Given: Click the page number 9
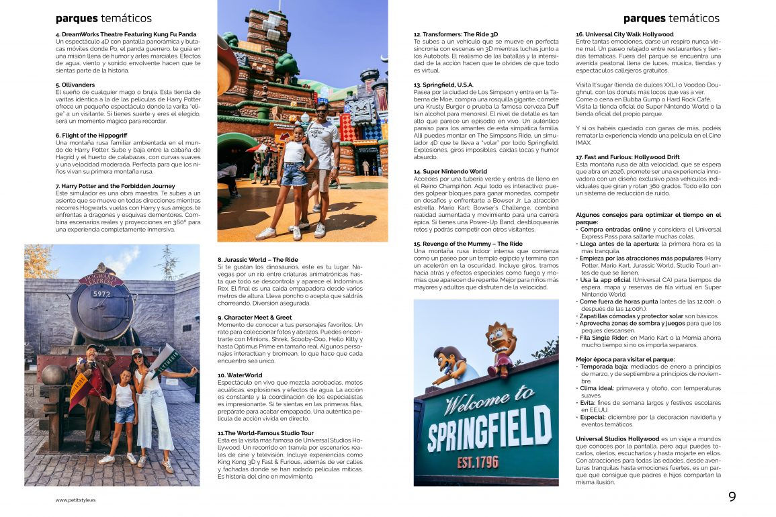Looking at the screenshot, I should pyautogui.click(x=732, y=497).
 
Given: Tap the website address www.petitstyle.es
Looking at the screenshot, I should pyautogui.click(x=75, y=500).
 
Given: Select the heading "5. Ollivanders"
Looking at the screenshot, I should pyautogui.click(x=75, y=85).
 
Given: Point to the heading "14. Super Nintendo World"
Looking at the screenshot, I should pyautogui.click(x=450, y=171).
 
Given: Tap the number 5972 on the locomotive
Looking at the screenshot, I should pyautogui.click(x=101, y=294).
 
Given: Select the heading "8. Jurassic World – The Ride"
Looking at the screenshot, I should pyautogui.click(x=257, y=259).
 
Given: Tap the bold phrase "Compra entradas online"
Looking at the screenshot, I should pyautogui.click(x=615, y=229).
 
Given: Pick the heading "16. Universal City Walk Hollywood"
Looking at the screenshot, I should pyautogui.click(x=624, y=34).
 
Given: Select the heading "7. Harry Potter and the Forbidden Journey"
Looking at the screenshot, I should pyautogui.click(x=116, y=186).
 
